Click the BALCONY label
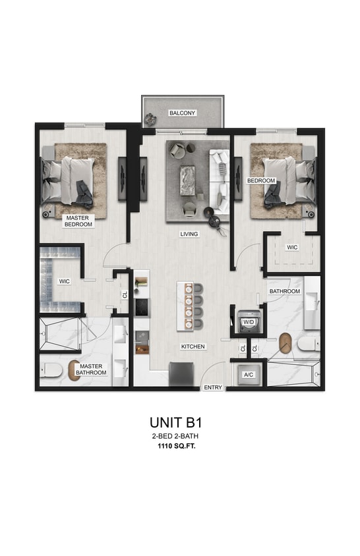tap(182, 113)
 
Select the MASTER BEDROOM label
tap(78, 221)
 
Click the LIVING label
tap(189, 234)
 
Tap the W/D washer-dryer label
tap(249, 321)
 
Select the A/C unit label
tap(249, 374)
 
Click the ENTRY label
tap(213, 387)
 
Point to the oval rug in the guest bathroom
tap(285, 344)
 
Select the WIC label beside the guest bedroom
tap(291, 248)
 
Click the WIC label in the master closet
tap(64, 281)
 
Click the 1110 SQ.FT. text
tap(180, 446)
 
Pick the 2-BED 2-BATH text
tap(180, 436)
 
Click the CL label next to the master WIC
tap(124, 295)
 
